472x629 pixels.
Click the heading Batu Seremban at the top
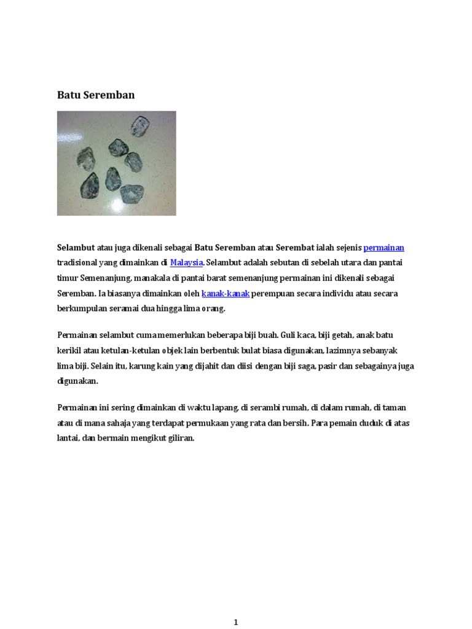pos(95,95)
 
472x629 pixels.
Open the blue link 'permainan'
pos(383,248)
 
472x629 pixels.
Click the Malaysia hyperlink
pos(186,263)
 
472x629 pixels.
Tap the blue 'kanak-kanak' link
pos(226,294)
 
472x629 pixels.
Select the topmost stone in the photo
pos(138,126)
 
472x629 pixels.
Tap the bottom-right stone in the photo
pos(131,194)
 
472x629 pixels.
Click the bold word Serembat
pos(295,248)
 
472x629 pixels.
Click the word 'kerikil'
pos(69,350)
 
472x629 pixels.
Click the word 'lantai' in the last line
pos(68,439)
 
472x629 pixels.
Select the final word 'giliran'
pos(181,439)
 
